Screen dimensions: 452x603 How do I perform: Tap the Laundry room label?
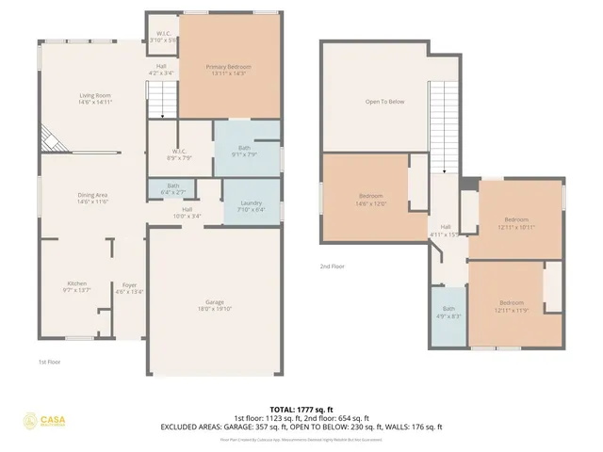tap(252, 206)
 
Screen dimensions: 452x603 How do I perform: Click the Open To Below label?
tap(384, 102)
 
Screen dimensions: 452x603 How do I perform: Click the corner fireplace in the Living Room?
tap(49, 141)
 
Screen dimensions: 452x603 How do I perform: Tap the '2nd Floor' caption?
tap(333, 266)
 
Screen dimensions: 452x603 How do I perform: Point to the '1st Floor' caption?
tap(50, 362)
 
